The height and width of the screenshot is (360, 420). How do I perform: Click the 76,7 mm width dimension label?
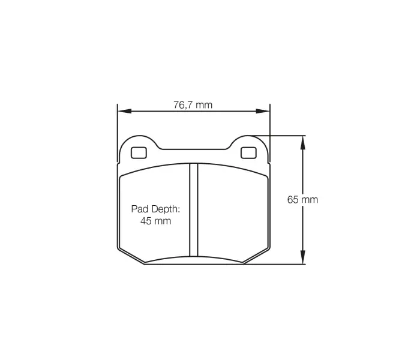tap(193, 105)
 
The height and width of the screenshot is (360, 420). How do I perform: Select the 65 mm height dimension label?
tap(302, 200)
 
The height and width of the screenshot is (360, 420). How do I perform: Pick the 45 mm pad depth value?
tap(155, 221)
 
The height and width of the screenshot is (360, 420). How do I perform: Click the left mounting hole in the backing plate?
tap(138, 152)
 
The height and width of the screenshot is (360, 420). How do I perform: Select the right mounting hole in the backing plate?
tap(248, 152)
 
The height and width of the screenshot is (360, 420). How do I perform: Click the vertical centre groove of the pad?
tap(193, 210)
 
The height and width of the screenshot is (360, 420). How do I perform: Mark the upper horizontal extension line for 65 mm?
tap(282, 136)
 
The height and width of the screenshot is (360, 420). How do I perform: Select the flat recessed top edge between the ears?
tap(193, 148)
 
